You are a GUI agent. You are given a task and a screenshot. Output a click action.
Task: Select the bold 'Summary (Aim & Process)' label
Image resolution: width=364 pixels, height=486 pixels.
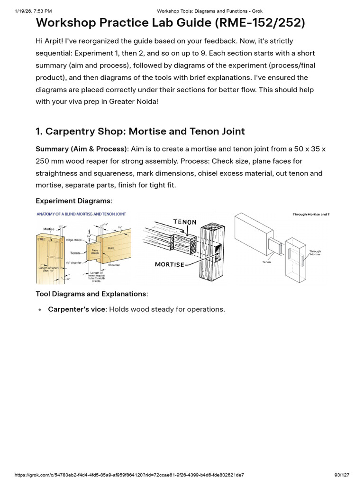tap(81, 149)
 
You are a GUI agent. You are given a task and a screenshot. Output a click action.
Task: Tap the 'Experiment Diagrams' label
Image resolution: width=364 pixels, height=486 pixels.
tap(73, 201)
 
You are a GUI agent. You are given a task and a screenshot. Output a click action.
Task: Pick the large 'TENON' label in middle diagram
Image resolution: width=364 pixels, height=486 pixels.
tap(185, 222)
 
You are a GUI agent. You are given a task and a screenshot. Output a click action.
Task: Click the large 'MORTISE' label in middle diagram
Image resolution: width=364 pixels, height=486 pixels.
tap(170, 264)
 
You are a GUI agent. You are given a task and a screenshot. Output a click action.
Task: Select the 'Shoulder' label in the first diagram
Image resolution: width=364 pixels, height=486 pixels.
tap(114, 265)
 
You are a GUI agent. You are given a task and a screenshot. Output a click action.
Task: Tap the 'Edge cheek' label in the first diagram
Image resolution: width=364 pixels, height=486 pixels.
tap(73, 240)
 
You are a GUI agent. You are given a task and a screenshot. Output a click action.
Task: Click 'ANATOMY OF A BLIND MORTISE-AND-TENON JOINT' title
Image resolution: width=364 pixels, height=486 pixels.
tap(82, 214)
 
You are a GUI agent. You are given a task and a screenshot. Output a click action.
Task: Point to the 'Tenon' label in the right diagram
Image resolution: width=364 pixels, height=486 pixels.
tap(266, 262)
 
